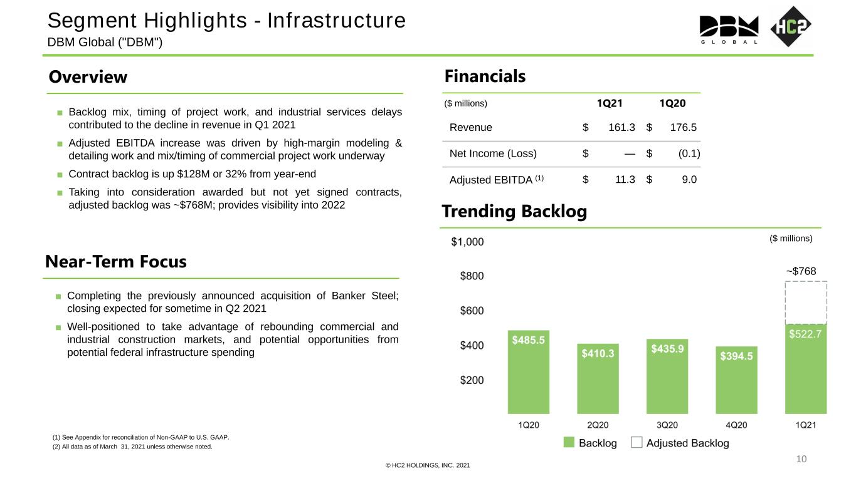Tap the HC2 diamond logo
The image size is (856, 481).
coord(791,26)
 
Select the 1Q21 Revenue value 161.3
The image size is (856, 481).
coord(621,128)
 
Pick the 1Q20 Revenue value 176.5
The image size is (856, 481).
coord(684,128)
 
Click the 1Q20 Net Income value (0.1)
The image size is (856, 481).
coord(689,153)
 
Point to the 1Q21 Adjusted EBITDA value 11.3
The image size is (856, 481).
coord(625,179)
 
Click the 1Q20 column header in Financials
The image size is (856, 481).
coord(672,103)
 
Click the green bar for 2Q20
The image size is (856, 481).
coord(598,379)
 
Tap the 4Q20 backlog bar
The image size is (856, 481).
coord(736,380)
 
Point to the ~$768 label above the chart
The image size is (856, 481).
coord(801,271)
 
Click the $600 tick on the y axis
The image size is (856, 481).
coord(472,311)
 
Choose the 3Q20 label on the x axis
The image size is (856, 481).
coord(667,425)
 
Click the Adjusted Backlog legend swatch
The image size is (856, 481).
coord(637,442)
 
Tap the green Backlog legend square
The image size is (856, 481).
coord(569,442)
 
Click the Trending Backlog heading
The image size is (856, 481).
coord(514,212)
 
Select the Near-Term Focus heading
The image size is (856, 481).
coord(116,262)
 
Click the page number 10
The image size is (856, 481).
coord(801,459)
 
